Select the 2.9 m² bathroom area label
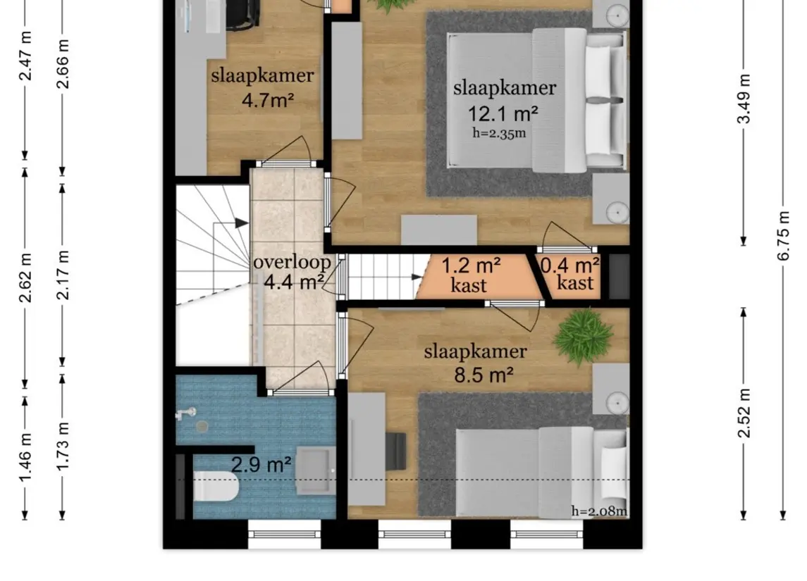[x=262, y=464]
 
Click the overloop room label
[x=292, y=263]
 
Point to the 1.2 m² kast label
[x=471, y=266]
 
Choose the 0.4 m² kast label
[x=577, y=266]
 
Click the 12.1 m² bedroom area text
[x=503, y=113]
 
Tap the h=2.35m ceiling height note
[x=500, y=132]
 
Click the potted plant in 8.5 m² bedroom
[x=584, y=336]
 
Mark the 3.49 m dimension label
[x=744, y=99]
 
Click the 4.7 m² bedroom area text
[x=267, y=100]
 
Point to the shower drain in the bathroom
[x=202, y=425]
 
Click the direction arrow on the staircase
[x=241, y=223]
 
